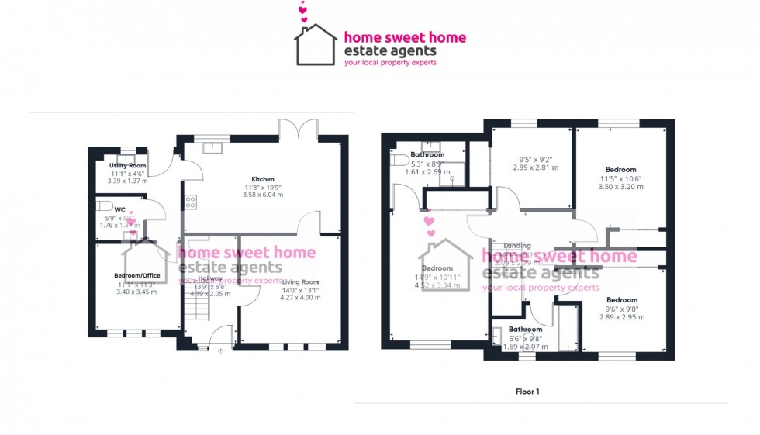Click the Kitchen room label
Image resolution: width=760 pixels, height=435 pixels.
263,179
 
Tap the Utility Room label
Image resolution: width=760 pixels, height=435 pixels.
128,166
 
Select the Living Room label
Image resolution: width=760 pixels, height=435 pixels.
300,281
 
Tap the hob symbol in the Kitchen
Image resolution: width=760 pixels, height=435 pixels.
190,202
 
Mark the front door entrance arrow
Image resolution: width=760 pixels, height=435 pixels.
221,351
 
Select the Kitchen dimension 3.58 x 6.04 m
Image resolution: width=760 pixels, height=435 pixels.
263,195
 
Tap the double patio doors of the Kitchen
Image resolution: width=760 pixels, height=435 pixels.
299,128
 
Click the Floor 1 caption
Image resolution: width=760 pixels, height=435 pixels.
527,392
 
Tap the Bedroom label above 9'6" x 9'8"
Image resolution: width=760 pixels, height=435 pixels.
621,300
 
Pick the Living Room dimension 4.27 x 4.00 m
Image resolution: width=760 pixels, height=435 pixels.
300,297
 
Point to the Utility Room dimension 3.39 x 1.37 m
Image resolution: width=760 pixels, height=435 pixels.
128,181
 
